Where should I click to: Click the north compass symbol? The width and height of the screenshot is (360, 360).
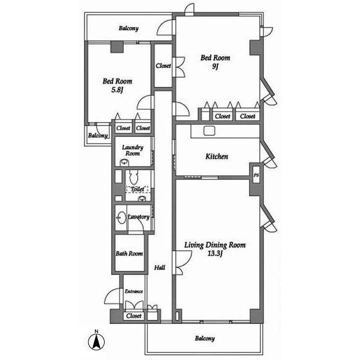click(x=96, y=340)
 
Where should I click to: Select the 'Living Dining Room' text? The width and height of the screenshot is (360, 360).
click(x=215, y=245)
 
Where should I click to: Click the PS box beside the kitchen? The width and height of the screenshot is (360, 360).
click(x=256, y=175)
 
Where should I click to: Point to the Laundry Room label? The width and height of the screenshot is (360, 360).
click(x=133, y=150)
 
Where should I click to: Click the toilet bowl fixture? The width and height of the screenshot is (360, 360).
click(x=134, y=178)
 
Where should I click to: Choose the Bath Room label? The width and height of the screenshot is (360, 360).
click(x=129, y=254)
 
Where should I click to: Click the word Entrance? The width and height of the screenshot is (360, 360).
click(x=134, y=291)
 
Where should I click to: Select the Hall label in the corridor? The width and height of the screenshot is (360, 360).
click(x=159, y=268)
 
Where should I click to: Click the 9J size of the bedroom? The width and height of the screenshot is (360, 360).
click(x=215, y=66)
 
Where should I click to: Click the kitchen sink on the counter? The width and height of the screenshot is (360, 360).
click(x=210, y=131)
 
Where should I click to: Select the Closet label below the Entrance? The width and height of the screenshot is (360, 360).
click(x=134, y=316)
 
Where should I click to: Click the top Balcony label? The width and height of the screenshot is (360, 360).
click(x=129, y=29)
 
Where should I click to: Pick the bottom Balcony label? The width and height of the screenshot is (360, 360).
click(x=205, y=339)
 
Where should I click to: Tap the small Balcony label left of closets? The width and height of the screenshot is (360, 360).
click(x=97, y=136)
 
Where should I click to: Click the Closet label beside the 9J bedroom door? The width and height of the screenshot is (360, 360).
click(x=163, y=66)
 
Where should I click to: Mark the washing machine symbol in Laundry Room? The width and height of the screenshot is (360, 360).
click(x=124, y=161)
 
